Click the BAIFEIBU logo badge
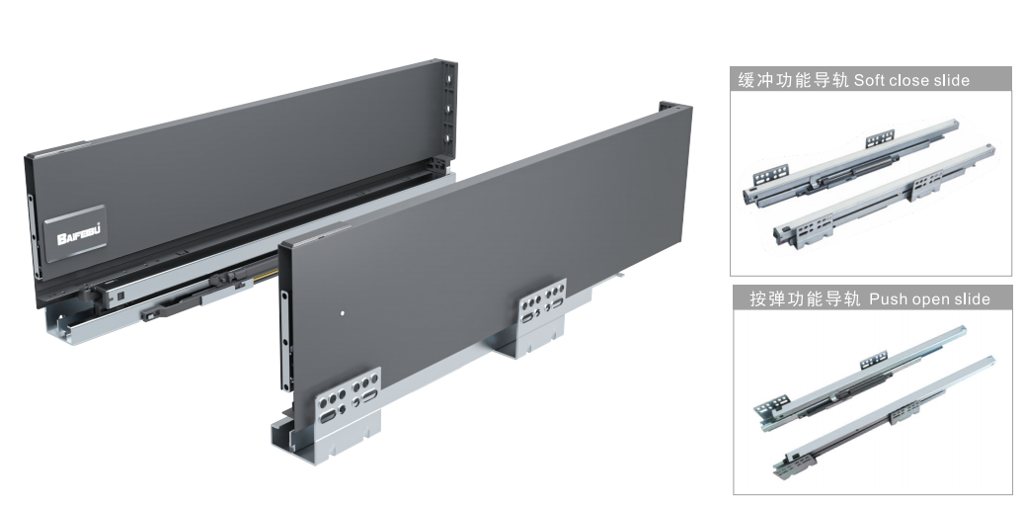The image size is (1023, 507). pyautogui.click(x=76, y=233)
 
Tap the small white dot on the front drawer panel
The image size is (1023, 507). pyautogui.click(x=343, y=313)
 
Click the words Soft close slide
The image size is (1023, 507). pyautogui.click(x=911, y=80)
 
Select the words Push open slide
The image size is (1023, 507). pyautogui.click(x=930, y=299)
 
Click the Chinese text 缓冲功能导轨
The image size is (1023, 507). pyautogui.click(x=793, y=80)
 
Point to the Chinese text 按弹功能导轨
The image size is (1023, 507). pyautogui.click(x=805, y=299)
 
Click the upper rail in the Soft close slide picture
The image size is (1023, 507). pyautogui.click(x=851, y=161)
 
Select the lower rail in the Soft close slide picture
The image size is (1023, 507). pyautogui.click(x=884, y=195)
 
